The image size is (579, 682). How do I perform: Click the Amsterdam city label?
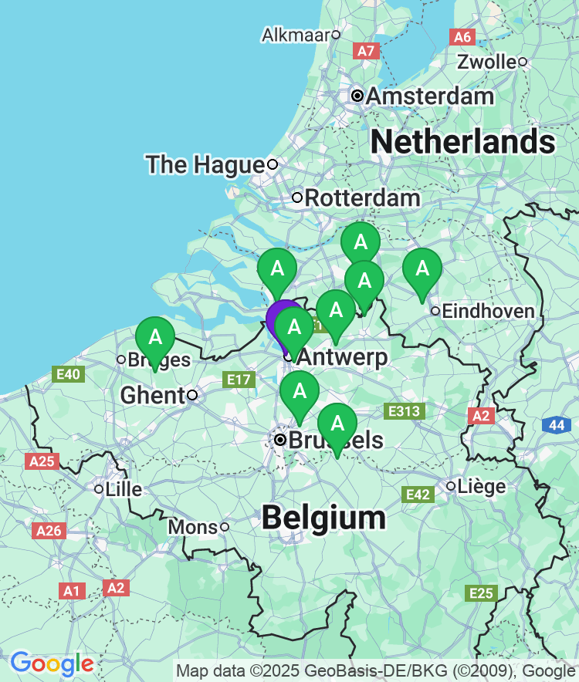pyautogui.click(x=429, y=96)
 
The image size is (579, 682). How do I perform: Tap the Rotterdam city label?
pyautogui.click(x=362, y=198)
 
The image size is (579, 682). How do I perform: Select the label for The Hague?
pyautogui.click(x=205, y=164)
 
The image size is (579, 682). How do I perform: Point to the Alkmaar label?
pyautogui.click(x=296, y=35)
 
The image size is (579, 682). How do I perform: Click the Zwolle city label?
pyautogui.click(x=486, y=62)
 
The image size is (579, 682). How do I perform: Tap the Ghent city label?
pyautogui.click(x=153, y=396)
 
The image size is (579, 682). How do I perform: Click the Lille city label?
pyautogui.click(x=124, y=489)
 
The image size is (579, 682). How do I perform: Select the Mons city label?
pyautogui.click(x=192, y=527)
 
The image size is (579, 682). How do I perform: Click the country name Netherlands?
pyautogui.click(x=463, y=143)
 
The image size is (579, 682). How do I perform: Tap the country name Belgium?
pyautogui.click(x=323, y=518)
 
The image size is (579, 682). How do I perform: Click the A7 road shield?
pyautogui.click(x=366, y=51)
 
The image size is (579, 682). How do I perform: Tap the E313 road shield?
pyautogui.click(x=405, y=411)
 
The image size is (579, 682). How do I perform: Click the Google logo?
pyautogui.click(x=52, y=663)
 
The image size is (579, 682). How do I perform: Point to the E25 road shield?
pyautogui.click(x=481, y=593)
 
